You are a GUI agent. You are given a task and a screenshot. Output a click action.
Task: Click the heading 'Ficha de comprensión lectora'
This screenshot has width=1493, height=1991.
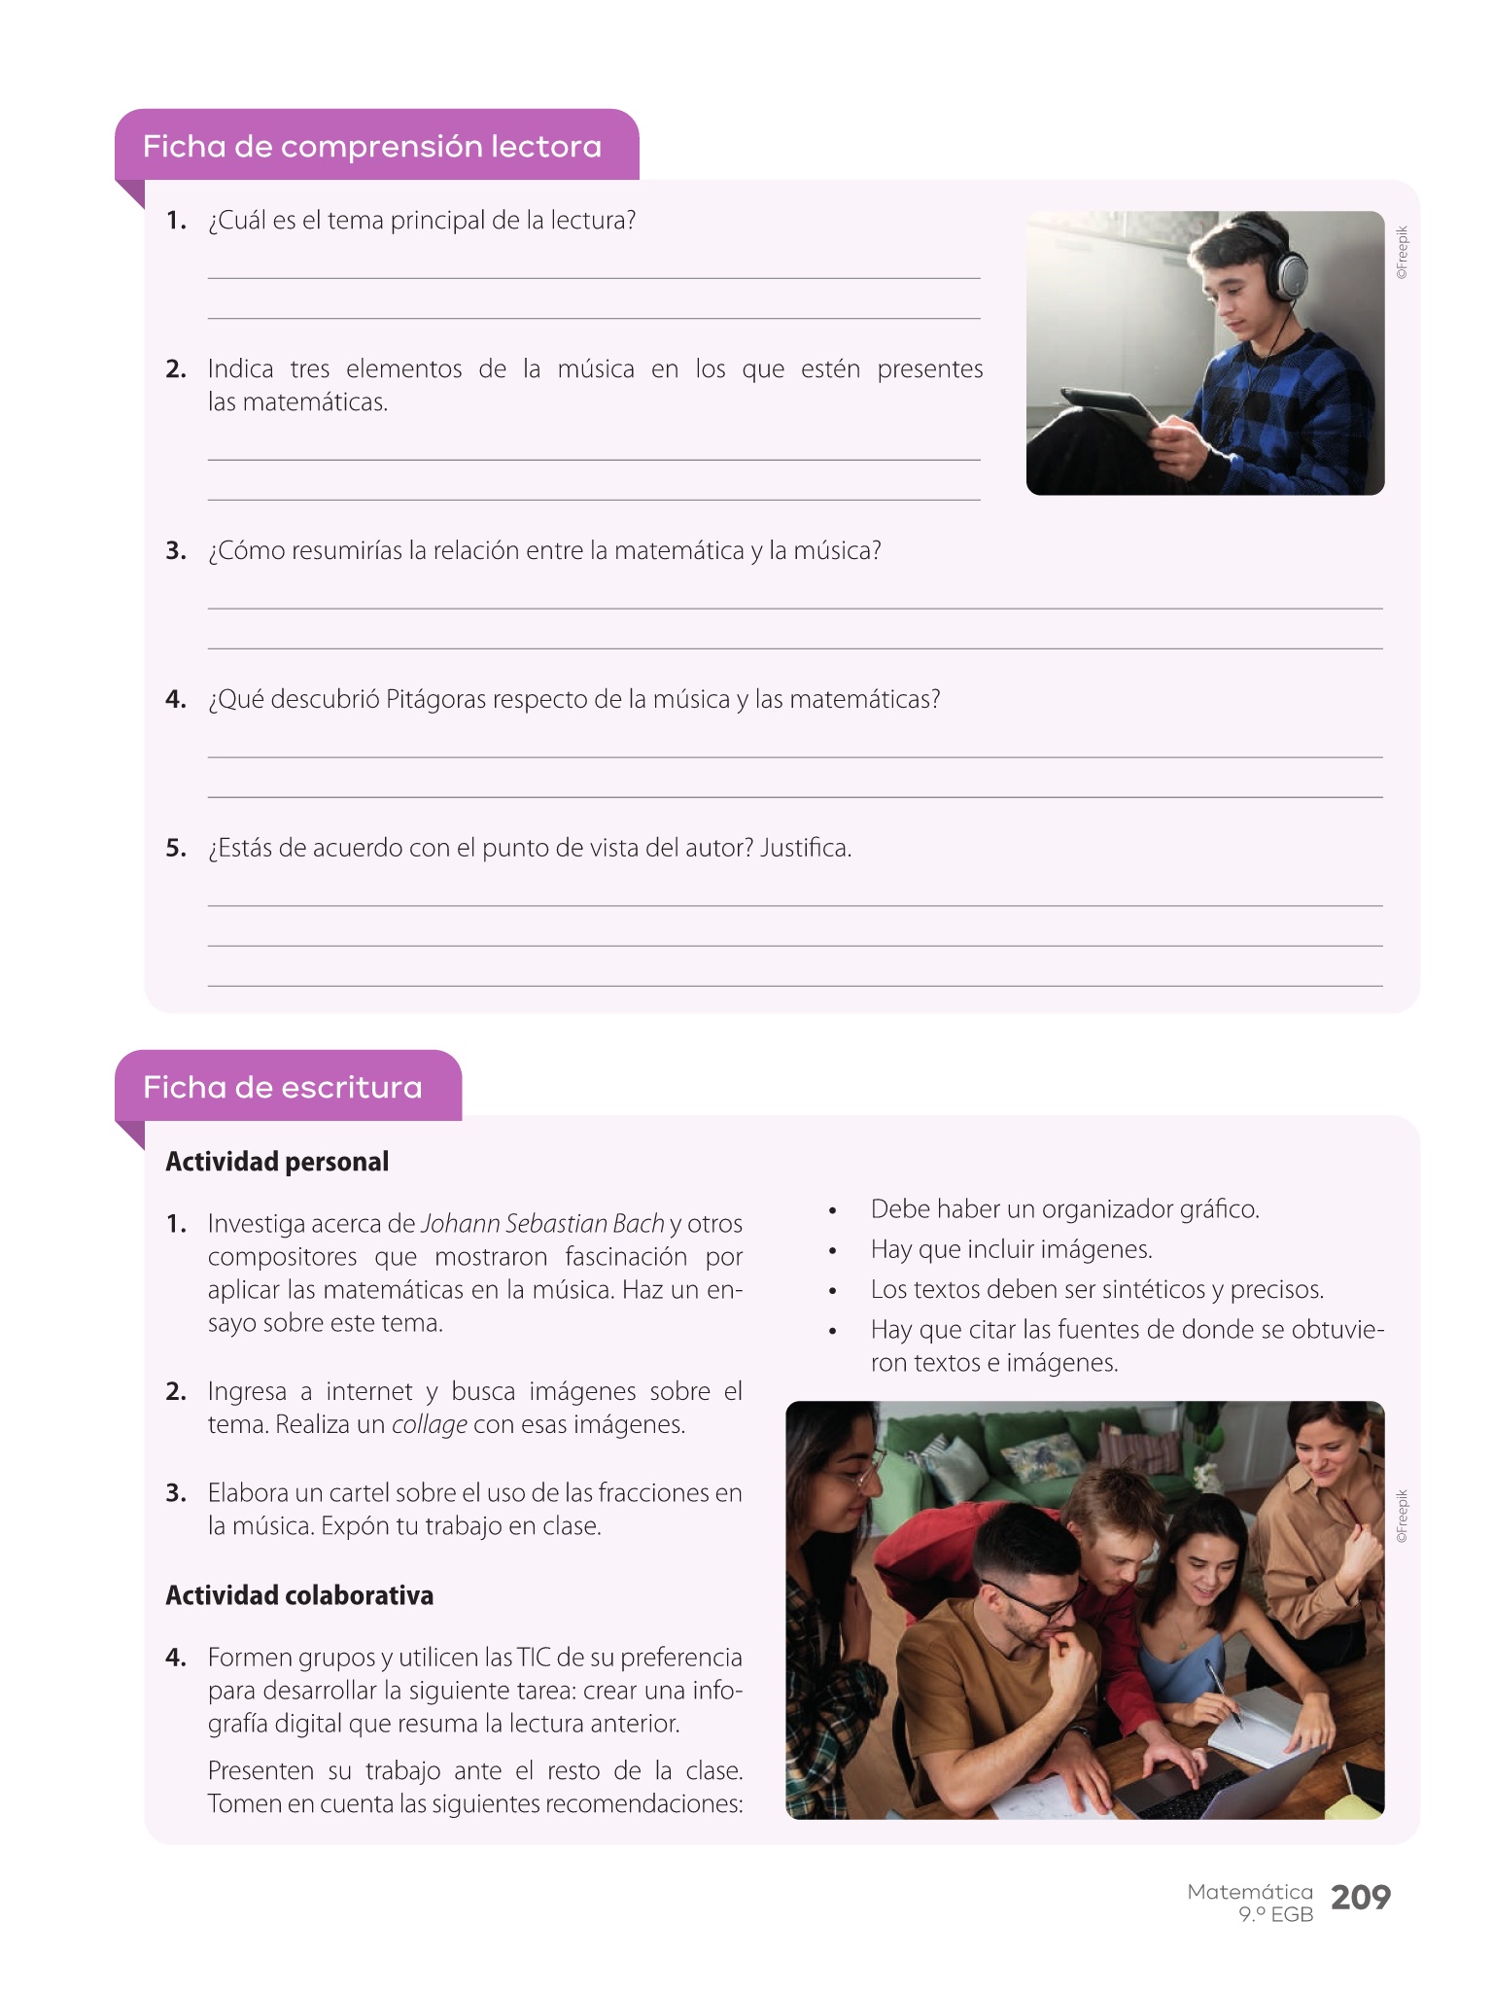click(x=372, y=147)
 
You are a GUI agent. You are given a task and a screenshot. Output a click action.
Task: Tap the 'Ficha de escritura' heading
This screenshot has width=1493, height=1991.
click(x=282, y=1087)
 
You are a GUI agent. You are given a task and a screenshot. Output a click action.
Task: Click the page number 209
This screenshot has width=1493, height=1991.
click(x=1360, y=1897)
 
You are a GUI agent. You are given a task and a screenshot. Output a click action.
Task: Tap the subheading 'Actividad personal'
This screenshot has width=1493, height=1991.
click(x=277, y=1162)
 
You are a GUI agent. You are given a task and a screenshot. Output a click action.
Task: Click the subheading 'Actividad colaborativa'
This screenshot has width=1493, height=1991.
click(x=299, y=1595)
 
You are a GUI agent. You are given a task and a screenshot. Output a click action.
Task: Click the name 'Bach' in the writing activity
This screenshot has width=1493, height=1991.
click(x=638, y=1224)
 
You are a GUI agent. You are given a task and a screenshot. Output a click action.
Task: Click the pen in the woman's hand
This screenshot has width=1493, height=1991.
click(x=1222, y=1691)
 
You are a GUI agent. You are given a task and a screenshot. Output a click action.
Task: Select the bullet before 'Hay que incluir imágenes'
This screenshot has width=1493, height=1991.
click(x=833, y=1251)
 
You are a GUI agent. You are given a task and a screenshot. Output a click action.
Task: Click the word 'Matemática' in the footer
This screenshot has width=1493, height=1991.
click(x=1249, y=1892)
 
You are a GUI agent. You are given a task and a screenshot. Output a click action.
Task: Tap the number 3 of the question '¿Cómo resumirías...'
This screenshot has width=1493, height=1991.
click(x=175, y=551)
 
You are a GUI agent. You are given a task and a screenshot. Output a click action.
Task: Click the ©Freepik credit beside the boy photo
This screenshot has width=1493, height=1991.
click(x=1401, y=253)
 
